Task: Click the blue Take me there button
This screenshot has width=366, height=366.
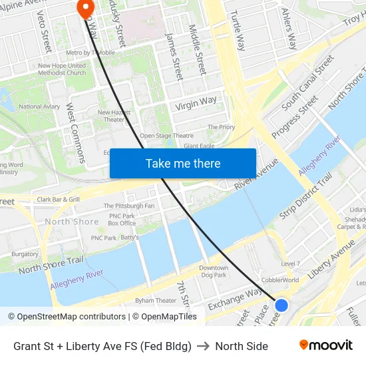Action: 183,163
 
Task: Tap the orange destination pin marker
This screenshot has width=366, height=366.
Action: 86,7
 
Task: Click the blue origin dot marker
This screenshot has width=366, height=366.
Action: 281,305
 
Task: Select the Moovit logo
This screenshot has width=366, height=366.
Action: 325,345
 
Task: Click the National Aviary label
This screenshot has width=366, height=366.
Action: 39,106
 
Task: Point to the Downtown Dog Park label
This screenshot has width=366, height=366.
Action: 214,271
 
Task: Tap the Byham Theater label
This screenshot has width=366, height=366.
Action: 156,300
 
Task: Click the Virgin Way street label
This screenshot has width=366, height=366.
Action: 196,103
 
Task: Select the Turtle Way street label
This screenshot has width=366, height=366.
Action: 237,33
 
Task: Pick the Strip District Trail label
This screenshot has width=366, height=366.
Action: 305,196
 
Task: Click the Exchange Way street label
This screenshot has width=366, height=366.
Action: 234,299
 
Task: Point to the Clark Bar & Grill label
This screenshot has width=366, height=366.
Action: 59,199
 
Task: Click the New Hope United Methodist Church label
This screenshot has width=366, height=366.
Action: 62,69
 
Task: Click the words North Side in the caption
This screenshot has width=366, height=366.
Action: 242,346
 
